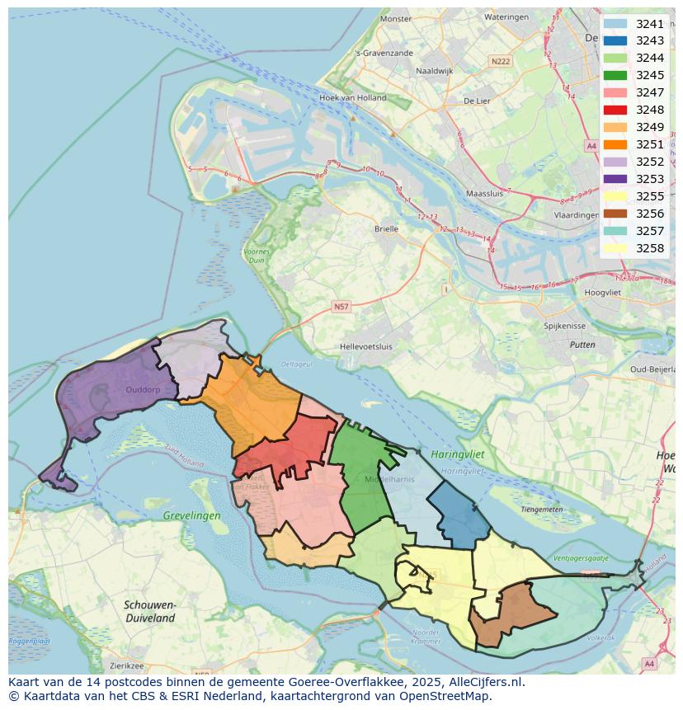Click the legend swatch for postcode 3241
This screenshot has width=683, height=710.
pos(615,24)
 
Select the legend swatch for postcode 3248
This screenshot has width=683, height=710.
pos(615,110)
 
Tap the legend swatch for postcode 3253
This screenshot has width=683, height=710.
pos(615,179)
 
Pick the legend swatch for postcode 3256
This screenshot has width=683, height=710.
pos(615,214)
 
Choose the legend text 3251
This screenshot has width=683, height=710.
pos(650,144)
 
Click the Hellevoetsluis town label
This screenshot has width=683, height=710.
pos(366,347)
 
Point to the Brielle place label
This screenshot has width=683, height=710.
pos(386,230)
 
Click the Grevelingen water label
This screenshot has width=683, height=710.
pos(191,515)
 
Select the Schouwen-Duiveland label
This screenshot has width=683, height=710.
pos(149,611)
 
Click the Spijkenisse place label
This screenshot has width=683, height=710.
pos(564,326)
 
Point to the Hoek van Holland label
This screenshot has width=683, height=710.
pos(352,97)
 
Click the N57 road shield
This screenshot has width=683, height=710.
pos(341,306)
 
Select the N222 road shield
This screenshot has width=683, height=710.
pos(500,61)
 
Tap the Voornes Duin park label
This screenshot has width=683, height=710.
pos(257,255)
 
